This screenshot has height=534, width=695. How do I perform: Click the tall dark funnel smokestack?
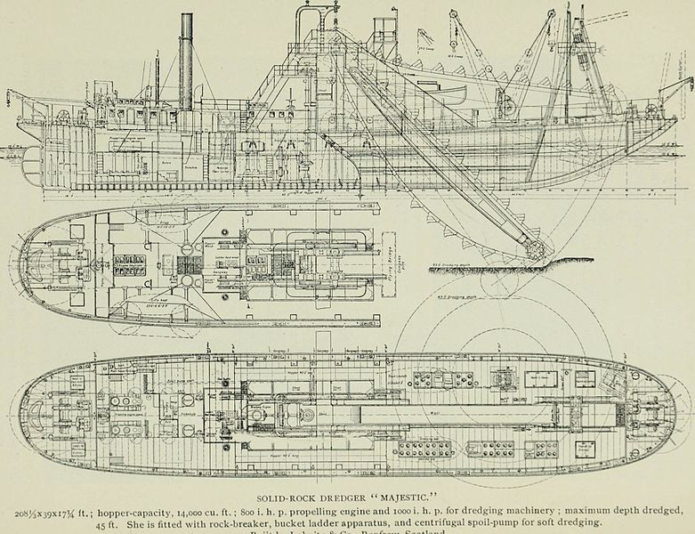pos(187,62)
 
